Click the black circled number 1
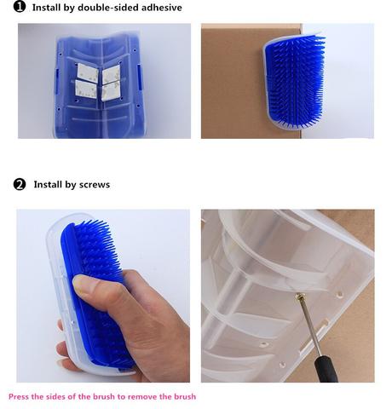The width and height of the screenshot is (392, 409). [20, 7]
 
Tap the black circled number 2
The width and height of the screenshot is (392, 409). [20, 184]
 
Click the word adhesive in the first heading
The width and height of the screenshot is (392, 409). [162, 8]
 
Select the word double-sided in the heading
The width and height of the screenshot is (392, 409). [108, 8]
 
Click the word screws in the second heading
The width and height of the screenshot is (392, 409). [95, 185]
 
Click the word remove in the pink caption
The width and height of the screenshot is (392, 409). [142, 397]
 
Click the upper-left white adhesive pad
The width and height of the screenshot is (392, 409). [88, 72]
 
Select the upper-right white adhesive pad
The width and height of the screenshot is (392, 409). [111, 74]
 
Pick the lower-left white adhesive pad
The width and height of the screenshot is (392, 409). [86, 89]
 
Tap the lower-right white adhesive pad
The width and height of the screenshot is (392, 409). [111, 91]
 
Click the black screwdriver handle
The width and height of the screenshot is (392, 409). [326, 369]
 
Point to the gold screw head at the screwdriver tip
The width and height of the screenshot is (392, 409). [299, 297]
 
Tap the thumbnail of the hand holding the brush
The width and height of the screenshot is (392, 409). [84, 286]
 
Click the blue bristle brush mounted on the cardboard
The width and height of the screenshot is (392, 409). [294, 82]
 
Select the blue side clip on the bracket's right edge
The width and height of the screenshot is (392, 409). [139, 77]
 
